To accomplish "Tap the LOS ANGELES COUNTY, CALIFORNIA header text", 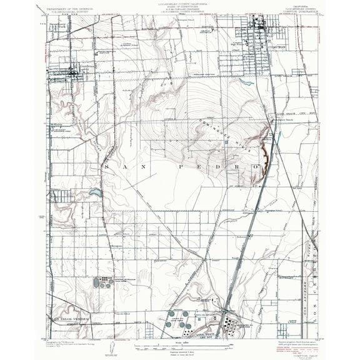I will (180, 4).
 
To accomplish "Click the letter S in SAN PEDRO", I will (107, 168).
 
